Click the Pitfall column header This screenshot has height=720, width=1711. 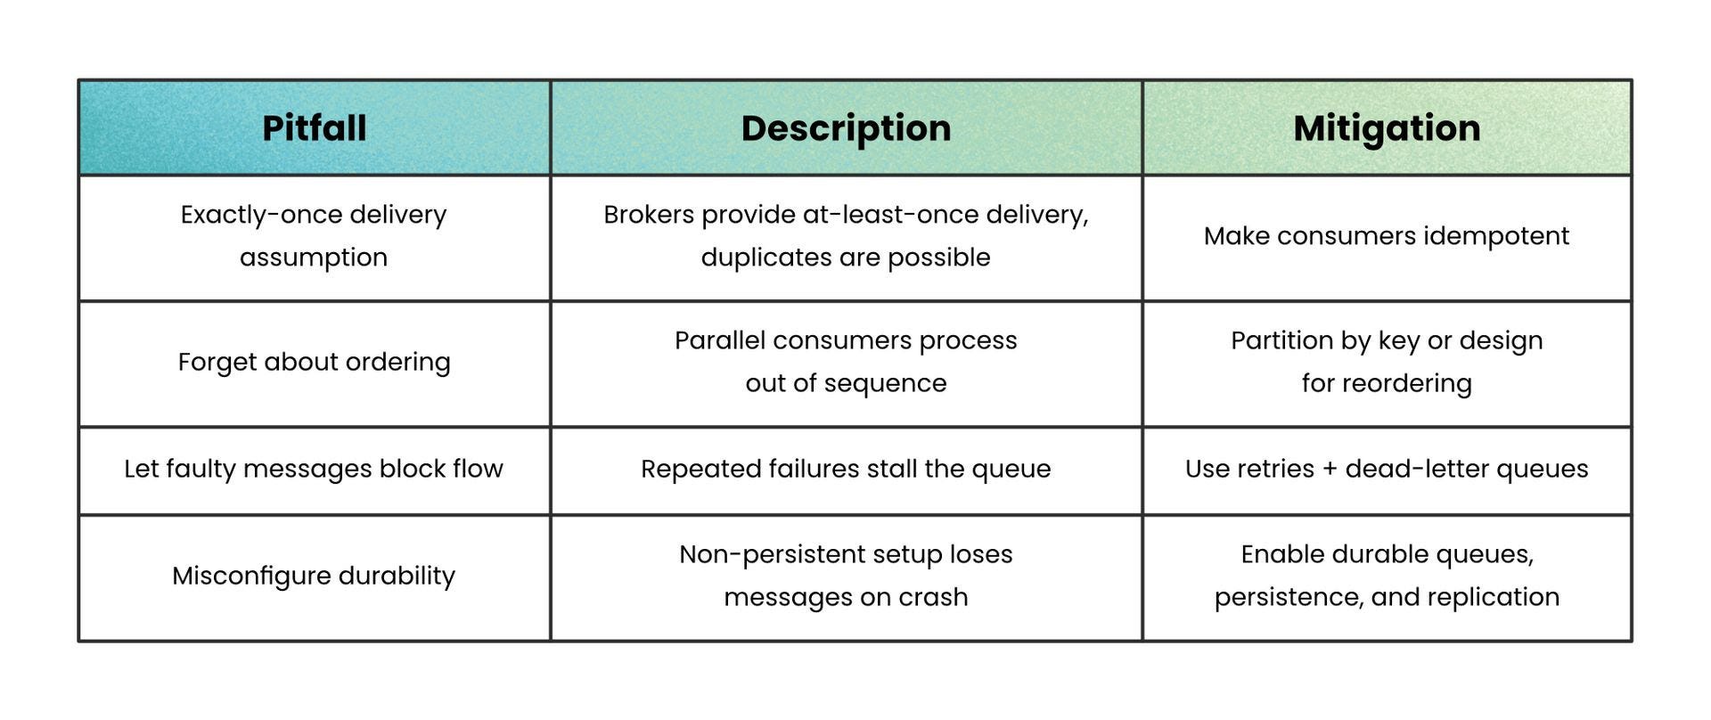[314, 128]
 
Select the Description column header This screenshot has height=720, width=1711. [846, 128]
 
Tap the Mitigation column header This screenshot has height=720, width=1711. [1387, 128]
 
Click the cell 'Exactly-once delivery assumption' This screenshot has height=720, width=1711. [314, 236]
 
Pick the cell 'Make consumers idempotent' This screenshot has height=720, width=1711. [1387, 236]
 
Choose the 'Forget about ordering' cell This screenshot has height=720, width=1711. [314, 362]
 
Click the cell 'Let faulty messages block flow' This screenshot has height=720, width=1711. [314, 469]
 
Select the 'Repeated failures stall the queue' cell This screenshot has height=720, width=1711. [846, 469]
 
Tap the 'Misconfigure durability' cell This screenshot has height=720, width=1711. [314, 576]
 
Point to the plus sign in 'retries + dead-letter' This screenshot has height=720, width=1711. [1330, 470]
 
